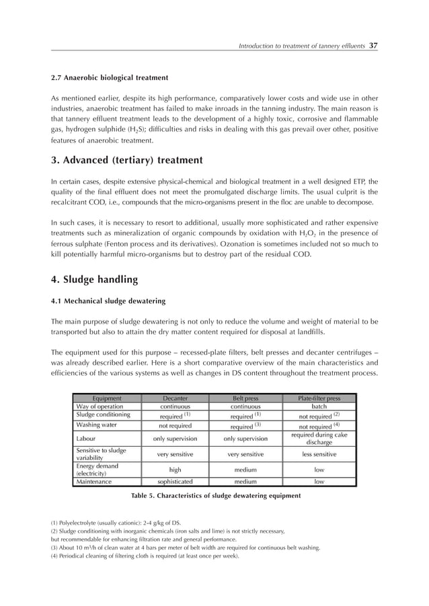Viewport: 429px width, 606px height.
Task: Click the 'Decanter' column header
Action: tap(175, 398)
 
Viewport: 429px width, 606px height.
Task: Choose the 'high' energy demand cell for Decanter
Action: tap(175, 470)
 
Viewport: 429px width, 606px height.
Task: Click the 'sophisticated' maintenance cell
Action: tap(175, 482)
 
